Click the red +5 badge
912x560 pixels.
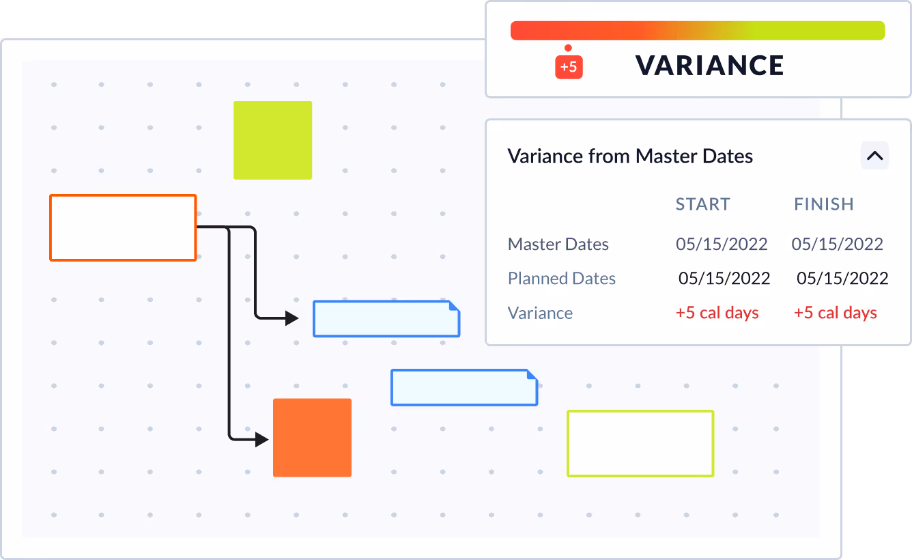569,67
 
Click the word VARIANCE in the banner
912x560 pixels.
709,66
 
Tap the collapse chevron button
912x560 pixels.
874,156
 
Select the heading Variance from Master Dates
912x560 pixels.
630,156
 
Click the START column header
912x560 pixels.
702,204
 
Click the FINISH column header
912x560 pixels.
824,204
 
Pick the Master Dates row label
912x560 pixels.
558,244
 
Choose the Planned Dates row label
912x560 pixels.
561,279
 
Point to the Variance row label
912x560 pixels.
540,313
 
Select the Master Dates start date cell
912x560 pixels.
722,244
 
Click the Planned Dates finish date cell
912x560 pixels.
842,279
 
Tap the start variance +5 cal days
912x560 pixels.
717,313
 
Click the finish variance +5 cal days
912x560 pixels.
835,313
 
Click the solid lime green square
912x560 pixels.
272,141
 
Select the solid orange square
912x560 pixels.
312,438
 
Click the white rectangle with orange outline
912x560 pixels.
123,228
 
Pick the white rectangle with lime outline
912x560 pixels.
640,443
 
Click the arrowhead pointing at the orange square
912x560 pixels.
261,440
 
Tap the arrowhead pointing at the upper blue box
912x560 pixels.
291,318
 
